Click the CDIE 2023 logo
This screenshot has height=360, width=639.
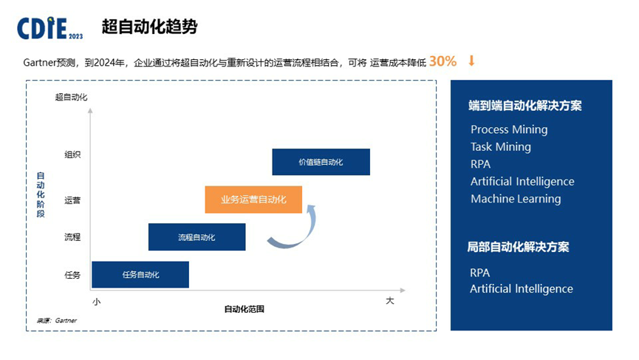tap(49, 28)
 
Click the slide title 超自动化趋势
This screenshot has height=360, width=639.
tap(149, 27)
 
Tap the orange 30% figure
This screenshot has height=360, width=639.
tap(442, 61)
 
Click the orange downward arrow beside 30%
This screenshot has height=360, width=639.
tap(471, 61)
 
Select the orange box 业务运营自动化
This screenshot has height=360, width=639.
tap(253, 200)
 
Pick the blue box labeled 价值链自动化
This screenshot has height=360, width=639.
tap(321, 162)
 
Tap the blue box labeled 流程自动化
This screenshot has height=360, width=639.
tap(197, 237)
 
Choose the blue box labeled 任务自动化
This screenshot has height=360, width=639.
tap(140, 274)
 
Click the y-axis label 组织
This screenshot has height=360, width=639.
tap(72, 154)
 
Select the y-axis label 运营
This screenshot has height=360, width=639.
tap(72, 200)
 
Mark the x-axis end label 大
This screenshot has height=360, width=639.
tap(390, 301)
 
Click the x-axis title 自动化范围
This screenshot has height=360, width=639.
tap(244, 309)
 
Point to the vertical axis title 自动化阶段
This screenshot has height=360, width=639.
tap(41, 194)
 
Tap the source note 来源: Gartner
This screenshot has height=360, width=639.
tap(57, 320)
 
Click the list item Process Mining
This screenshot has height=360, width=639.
tap(509, 129)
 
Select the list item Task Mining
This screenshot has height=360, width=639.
tap(500, 146)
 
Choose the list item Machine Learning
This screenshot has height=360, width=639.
tap(515, 199)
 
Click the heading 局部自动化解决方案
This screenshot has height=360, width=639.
tap(518, 247)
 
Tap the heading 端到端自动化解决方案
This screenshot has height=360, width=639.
tap(524, 106)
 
